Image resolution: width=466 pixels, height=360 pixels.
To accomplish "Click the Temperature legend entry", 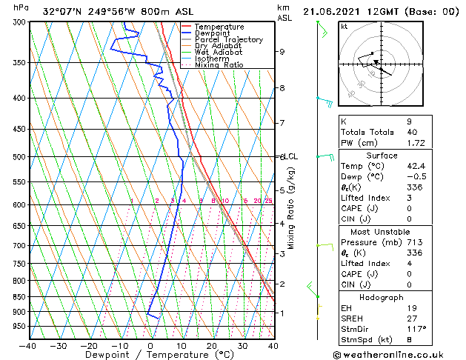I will pos(219,27).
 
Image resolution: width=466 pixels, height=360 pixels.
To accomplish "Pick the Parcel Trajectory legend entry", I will pos(228,40).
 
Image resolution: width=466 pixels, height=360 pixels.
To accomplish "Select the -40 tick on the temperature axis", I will pos(28,345).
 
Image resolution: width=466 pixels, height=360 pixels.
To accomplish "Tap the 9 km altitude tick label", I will pos(282,52).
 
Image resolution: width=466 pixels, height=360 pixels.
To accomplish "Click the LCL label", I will pos(290,157).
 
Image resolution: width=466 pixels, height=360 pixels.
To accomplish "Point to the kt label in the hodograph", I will pos(344,27).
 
